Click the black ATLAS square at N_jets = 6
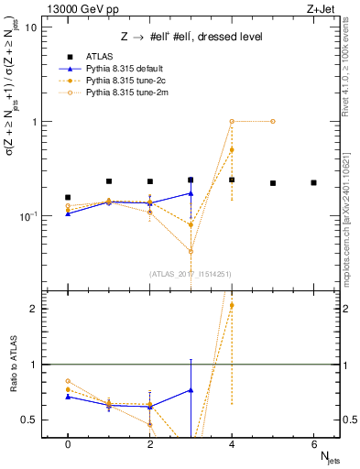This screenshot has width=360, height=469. tap(313, 183)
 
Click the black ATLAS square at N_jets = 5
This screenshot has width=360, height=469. tap(273, 183)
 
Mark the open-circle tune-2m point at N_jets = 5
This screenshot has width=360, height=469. tap(273, 121)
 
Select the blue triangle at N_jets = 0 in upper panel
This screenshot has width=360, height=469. tap(68, 213)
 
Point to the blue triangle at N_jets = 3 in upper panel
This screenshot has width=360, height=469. tap(191, 193)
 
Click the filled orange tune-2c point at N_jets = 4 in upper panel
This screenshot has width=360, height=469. tap(232, 149)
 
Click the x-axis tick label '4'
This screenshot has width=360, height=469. tap(232, 442)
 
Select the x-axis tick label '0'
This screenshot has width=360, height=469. tap(68, 442)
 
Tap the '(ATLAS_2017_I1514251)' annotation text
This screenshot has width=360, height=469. tap(191, 273)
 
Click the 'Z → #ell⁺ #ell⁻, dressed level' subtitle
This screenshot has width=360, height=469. tap(191, 37)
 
